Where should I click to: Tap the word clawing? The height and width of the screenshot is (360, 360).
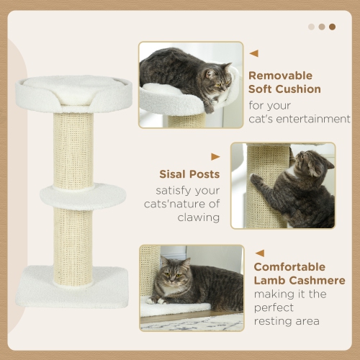click(197, 217)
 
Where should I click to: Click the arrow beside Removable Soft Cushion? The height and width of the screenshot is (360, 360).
click(253, 53)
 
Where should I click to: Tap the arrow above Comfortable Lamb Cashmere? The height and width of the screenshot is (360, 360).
click(260, 253)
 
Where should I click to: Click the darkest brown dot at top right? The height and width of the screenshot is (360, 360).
click(332, 27)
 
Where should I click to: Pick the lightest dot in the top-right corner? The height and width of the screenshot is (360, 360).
click(311, 27)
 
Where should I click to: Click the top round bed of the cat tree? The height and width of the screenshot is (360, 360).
click(73, 91)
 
